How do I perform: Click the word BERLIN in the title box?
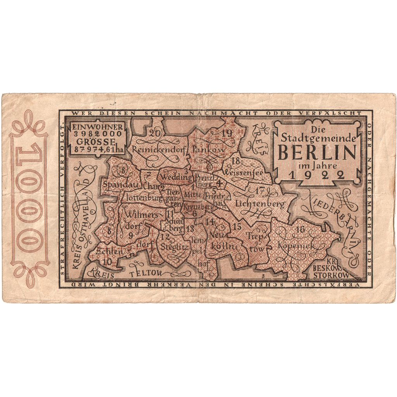point(317,154)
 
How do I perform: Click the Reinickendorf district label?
point(159,149)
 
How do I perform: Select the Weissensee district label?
point(243,171)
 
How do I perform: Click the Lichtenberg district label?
point(260,203)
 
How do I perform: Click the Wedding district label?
point(176,177)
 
